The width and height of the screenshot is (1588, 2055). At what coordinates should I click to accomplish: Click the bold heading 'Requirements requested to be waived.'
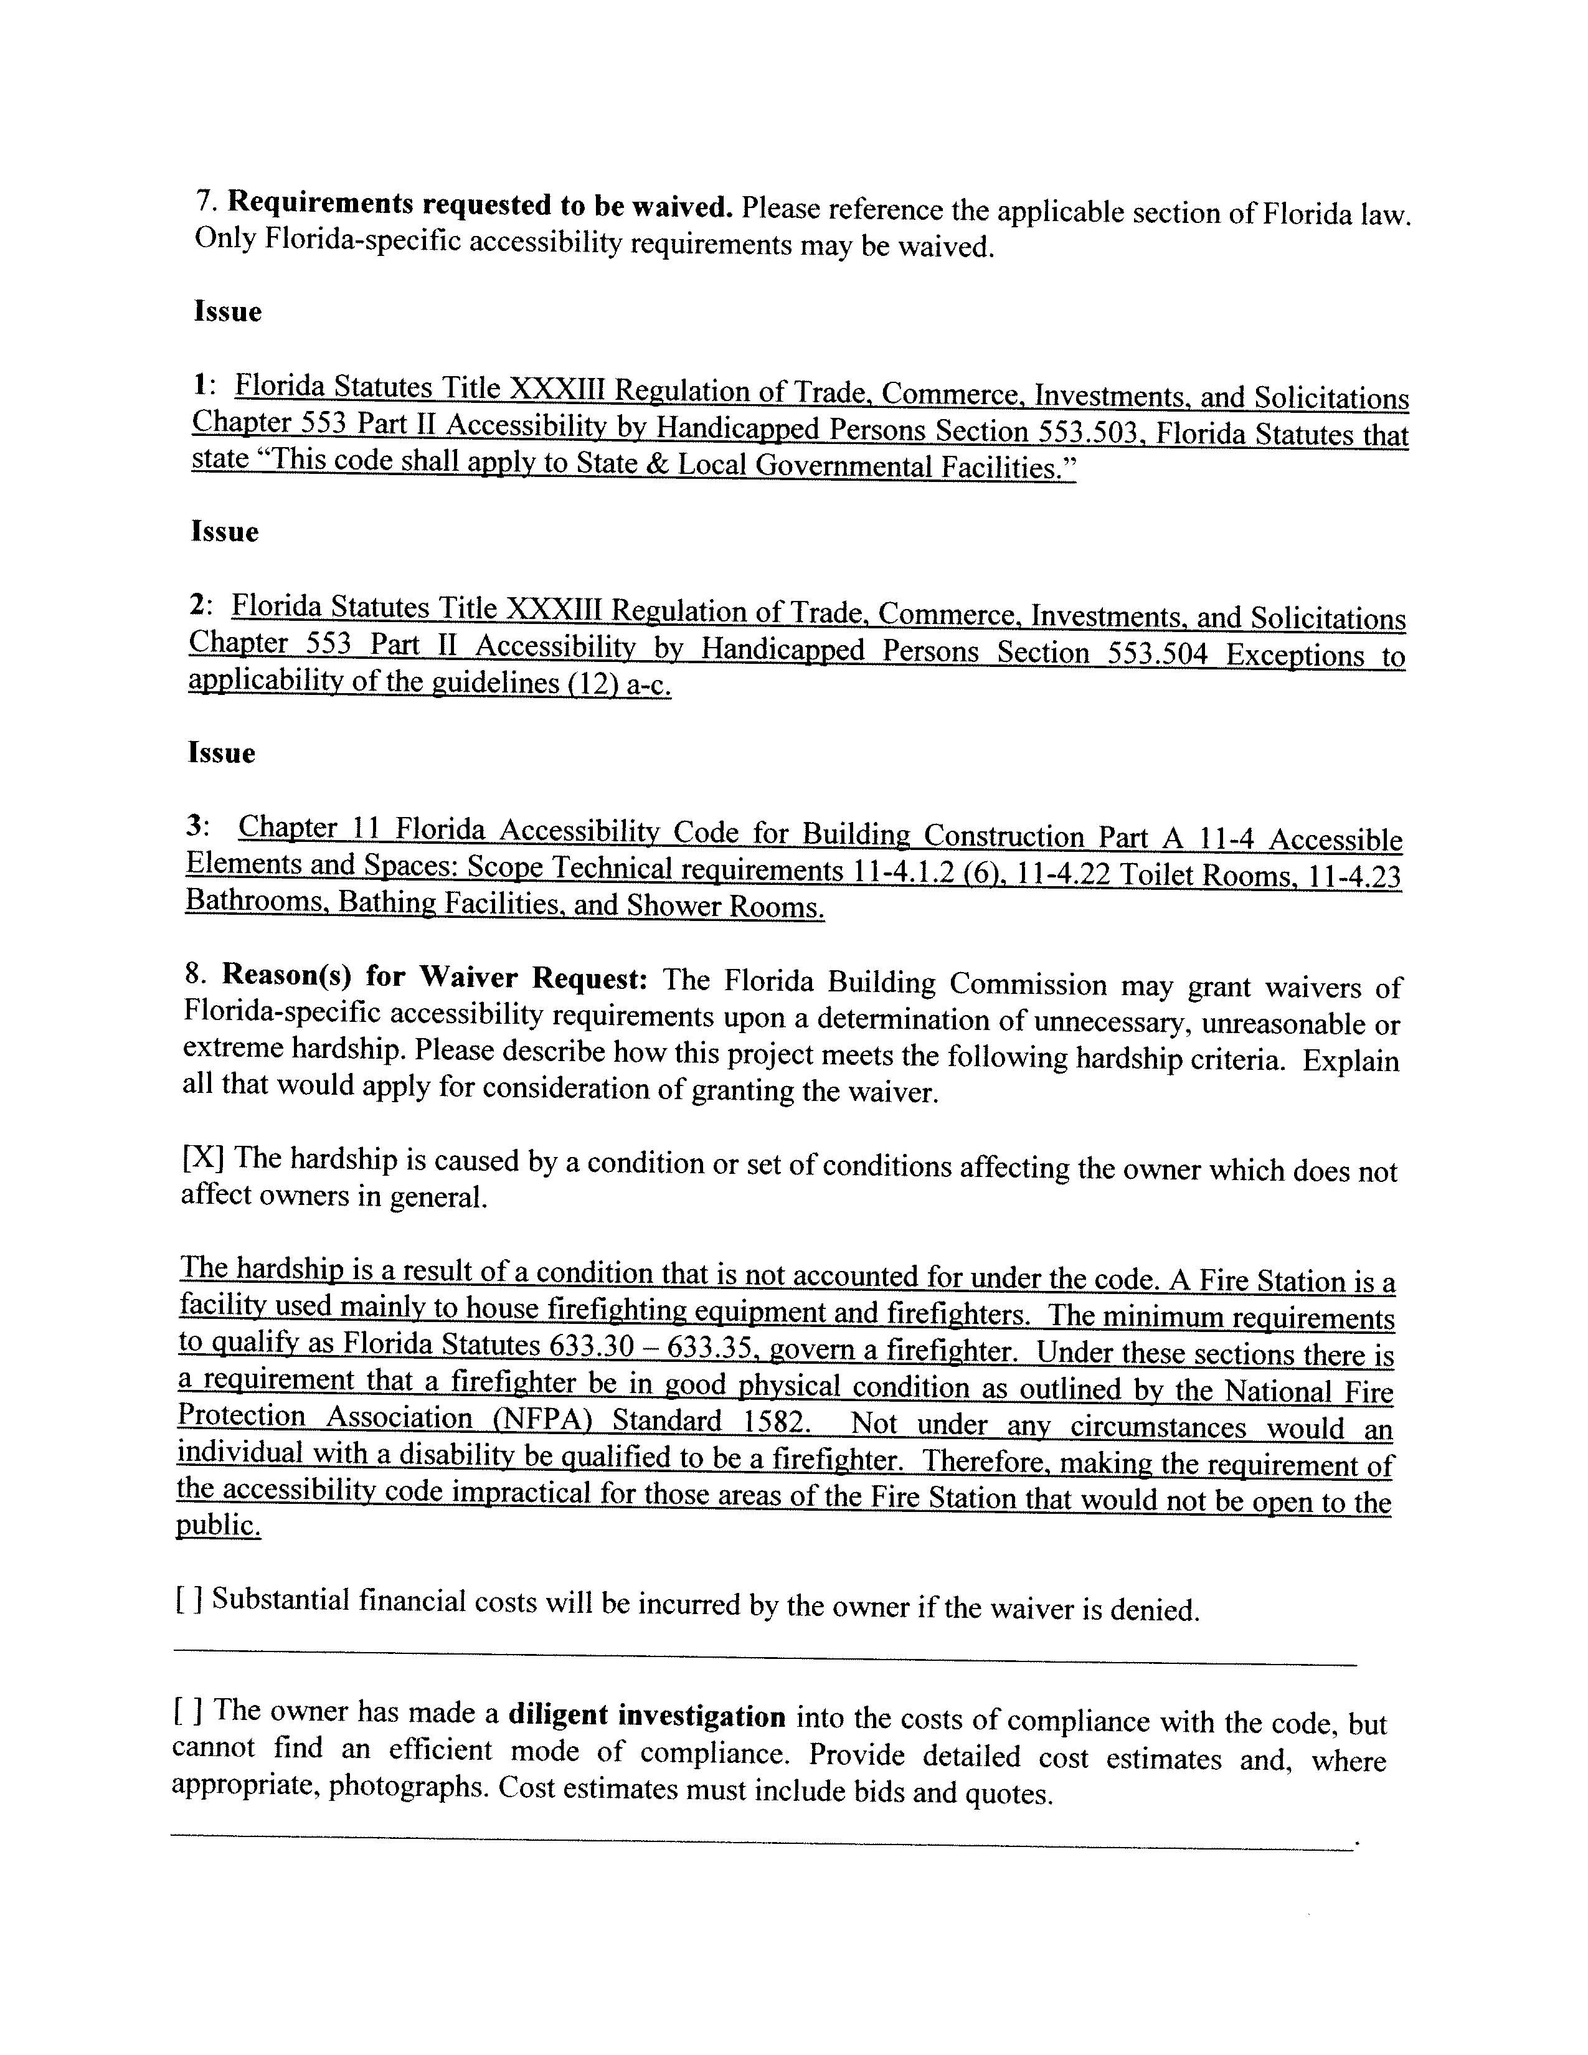(480, 205)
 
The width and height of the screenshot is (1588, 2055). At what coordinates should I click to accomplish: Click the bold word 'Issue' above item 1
(228, 311)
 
